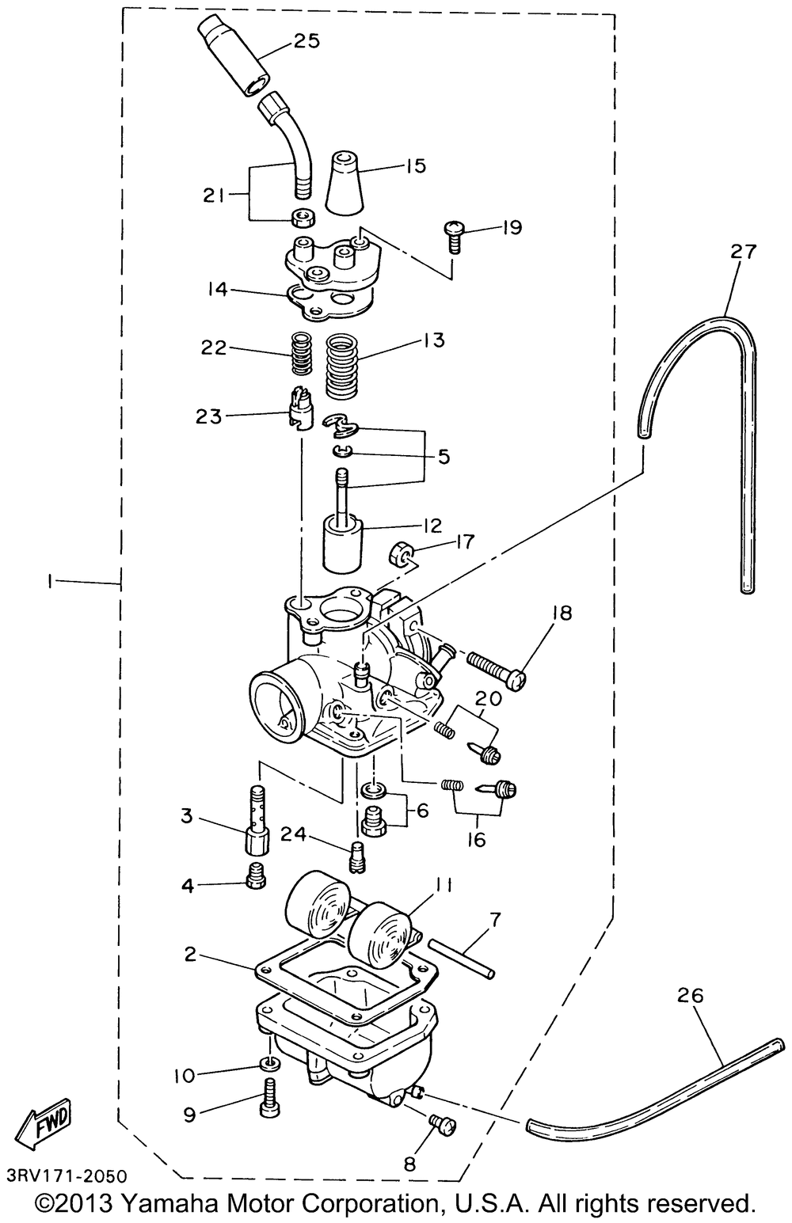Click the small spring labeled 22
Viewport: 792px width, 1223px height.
click(301, 354)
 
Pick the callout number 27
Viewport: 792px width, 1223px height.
click(744, 252)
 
